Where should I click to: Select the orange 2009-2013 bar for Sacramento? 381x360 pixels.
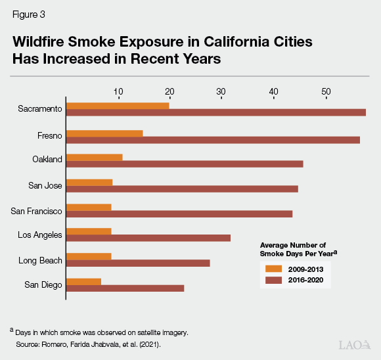(118, 105)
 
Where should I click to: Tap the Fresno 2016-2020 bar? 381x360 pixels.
(213, 140)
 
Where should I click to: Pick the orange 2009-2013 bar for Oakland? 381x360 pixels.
(95, 157)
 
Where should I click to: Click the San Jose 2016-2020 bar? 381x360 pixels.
(182, 189)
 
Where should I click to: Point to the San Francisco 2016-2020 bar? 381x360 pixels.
(179, 214)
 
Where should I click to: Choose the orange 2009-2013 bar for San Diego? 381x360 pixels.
(83, 281)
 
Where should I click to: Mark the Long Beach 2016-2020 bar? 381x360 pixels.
(138, 263)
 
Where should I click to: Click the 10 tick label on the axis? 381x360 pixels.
(118, 91)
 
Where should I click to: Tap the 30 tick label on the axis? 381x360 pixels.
(221, 91)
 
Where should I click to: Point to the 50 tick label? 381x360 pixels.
(326, 91)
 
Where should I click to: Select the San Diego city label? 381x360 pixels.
(43, 284)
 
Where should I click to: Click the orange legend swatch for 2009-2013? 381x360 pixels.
(273, 269)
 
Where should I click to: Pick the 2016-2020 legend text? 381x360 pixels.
(305, 280)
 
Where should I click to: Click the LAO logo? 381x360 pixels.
(354, 345)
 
